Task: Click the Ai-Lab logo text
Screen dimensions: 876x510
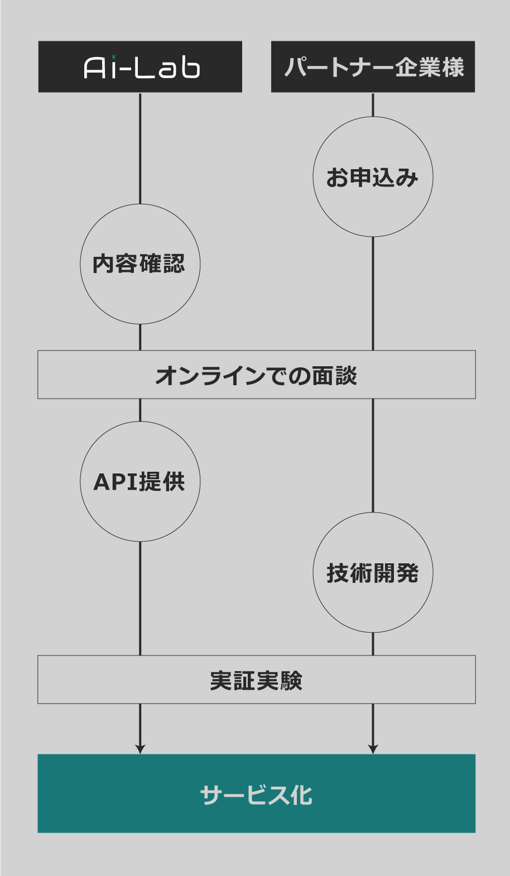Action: pos(142,68)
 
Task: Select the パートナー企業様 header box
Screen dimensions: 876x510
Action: pos(373,66)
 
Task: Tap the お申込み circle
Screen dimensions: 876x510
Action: pos(373,177)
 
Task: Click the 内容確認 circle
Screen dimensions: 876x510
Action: pos(140,264)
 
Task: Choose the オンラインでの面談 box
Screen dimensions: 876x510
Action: pos(257,375)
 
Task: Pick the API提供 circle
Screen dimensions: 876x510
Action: pos(140,481)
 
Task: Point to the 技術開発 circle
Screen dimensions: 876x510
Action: pos(373,573)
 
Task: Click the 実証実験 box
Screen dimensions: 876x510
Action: pos(257,679)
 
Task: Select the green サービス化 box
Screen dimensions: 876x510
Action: pos(257,793)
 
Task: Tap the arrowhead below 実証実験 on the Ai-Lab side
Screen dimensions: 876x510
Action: pos(140,749)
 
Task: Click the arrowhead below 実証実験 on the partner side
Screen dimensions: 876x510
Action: pos(373,749)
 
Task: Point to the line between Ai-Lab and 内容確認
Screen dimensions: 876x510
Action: pos(140,148)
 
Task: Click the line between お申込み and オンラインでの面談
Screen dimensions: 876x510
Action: pos(373,294)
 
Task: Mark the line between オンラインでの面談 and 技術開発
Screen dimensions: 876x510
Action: pos(373,455)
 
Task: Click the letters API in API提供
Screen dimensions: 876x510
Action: pos(114,482)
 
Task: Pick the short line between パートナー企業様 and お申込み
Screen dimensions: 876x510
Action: pos(373,104)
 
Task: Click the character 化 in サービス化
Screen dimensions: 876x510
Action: pos(301,795)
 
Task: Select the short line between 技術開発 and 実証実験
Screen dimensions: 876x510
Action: pos(373,644)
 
